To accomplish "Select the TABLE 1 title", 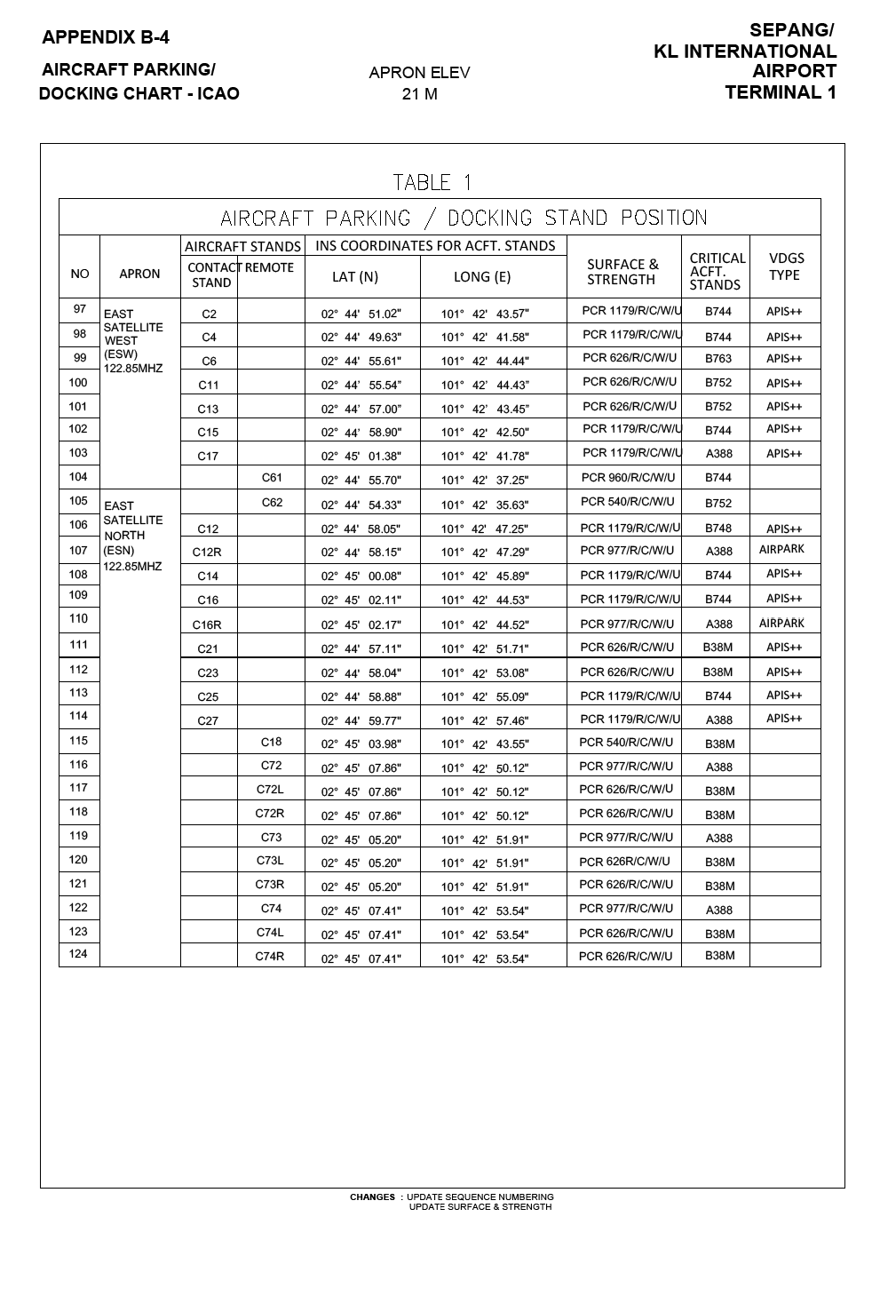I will click(x=432, y=183).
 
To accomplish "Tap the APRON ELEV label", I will click(x=419, y=73).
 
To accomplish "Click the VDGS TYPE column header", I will click(x=785, y=266).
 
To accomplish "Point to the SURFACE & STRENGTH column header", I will click(x=622, y=272).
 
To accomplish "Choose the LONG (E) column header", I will click(x=482, y=276).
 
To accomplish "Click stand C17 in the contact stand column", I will click(x=208, y=457).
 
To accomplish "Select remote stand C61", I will click(x=272, y=478).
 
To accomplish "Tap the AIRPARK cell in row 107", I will click(x=781, y=550).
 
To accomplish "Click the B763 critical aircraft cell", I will click(x=718, y=360).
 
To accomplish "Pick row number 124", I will click(x=78, y=955).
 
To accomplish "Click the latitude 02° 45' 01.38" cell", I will click(x=361, y=457).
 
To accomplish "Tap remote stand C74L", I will click(x=270, y=932).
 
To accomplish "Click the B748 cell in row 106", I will click(x=718, y=529).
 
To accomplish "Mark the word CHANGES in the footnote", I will click(x=372, y=1197).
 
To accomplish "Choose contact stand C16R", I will click(x=207, y=624).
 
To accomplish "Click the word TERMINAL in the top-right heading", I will click(x=769, y=92).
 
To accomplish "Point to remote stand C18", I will click(x=271, y=742).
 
